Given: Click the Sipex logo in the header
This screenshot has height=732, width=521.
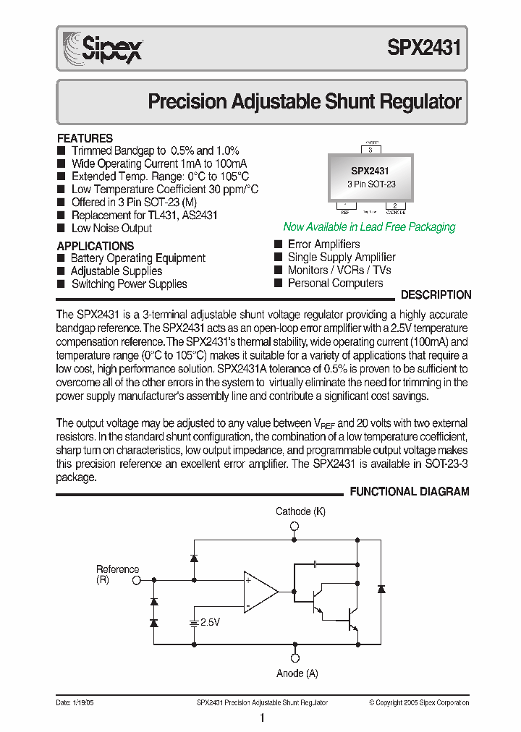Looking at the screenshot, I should (102, 48).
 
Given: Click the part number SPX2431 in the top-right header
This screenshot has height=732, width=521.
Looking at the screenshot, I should (424, 48).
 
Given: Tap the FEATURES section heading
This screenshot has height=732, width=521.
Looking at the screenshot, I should (85, 138).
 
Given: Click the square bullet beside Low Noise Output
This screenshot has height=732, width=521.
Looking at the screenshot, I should (61, 229).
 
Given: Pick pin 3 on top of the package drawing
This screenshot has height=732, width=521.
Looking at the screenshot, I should (370, 150).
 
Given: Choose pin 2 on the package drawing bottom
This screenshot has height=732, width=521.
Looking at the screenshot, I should (395, 205).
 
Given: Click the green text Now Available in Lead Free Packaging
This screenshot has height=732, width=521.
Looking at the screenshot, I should (369, 227).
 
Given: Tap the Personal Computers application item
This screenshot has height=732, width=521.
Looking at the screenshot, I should (335, 283).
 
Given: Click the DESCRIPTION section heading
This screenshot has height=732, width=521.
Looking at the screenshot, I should (436, 295).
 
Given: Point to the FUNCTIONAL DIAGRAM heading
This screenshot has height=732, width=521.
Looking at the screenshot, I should (410, 492).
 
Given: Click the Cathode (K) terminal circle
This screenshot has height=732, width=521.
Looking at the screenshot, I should (294, 524).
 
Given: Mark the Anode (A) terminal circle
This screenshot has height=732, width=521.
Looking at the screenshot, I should (295, 658).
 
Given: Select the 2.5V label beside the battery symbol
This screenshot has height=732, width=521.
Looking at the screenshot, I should (210, 622).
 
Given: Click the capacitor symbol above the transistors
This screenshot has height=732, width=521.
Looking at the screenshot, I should (316, 563).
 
